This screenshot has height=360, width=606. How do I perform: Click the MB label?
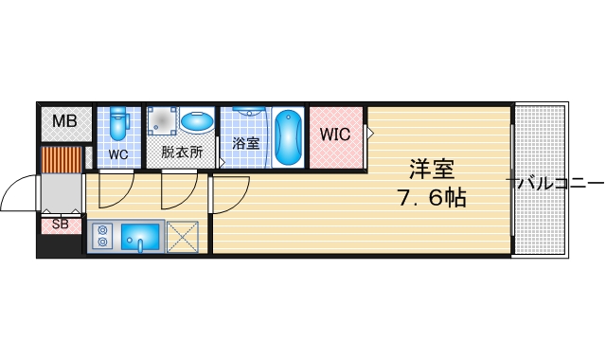coord(64,121)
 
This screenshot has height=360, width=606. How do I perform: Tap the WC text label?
coord(117,153)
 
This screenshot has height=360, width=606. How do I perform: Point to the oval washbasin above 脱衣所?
coord(197,122)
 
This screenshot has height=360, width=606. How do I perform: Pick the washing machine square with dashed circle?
coord(162,121)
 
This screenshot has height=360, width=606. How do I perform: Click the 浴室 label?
coord(246,145)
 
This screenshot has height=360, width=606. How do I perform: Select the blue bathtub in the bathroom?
coord(289,136)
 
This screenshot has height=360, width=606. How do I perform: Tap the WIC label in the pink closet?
coord(334,135)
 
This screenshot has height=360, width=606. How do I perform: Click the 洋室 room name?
coord(432,171)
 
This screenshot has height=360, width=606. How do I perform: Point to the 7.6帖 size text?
coord(431,199)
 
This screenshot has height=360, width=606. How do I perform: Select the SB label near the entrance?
coord(61,225)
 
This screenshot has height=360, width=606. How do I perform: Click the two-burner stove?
coord(102,236)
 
